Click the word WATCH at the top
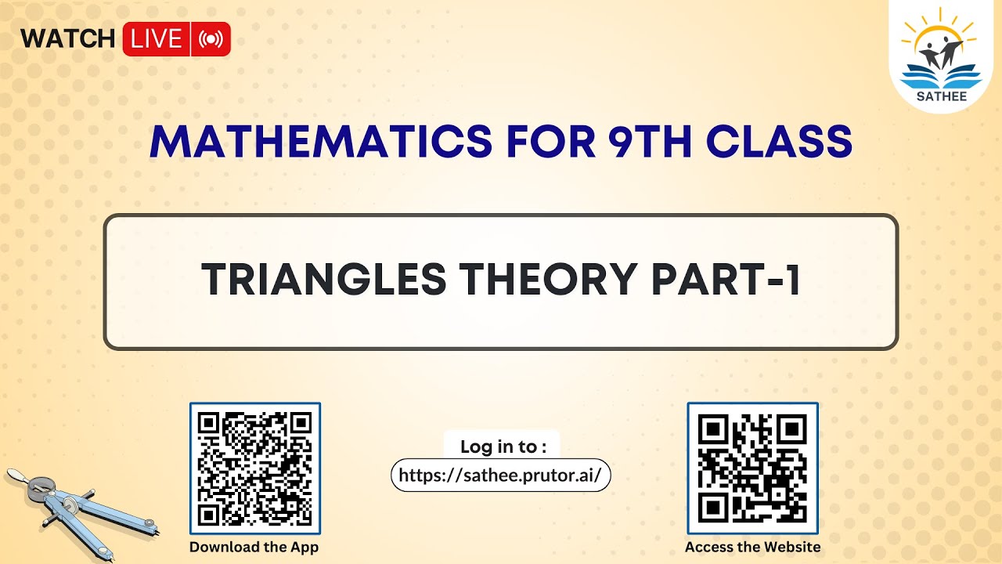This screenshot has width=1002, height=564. click(x=67, y=38)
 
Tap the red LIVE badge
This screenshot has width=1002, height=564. click(x=157, y=39)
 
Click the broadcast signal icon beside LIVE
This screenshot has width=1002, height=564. click(x=211, y=39)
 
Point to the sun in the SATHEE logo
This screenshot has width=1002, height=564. click(x=939, y=31)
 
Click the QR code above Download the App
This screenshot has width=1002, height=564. click(x=255, y=468)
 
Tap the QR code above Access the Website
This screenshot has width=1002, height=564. click(x=752, y=468)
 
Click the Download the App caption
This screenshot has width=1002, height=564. click(x=254, y=547)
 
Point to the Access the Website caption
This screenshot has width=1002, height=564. click(x=752, y=547)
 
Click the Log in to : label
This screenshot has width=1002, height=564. click(x=503, y=446)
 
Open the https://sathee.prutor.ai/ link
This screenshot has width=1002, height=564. click(x=500, y=475)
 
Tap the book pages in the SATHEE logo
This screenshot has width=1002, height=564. click(x=939, y=77)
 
